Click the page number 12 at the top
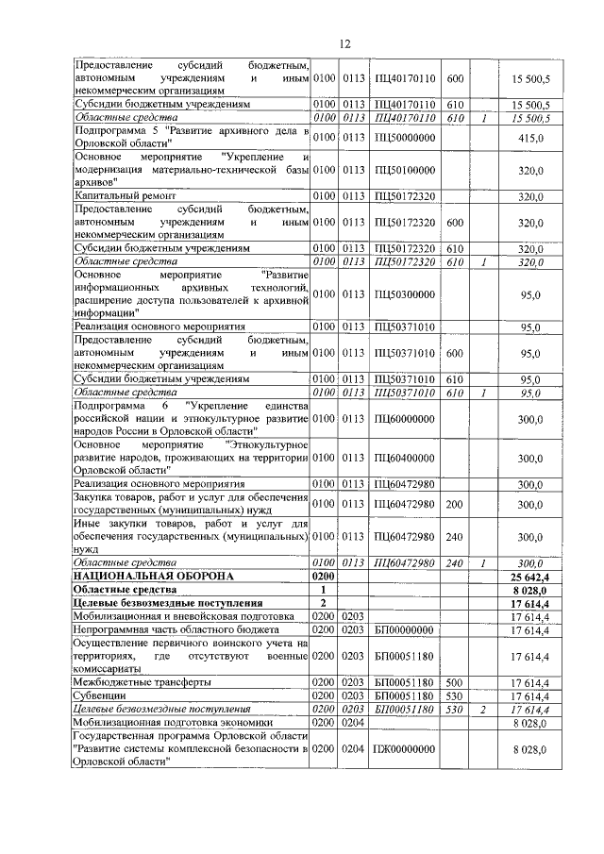345,42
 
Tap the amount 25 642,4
529,575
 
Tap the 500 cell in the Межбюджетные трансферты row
454,681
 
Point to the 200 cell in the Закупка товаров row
454,504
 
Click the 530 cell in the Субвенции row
454,695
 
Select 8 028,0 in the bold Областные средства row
529,588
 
